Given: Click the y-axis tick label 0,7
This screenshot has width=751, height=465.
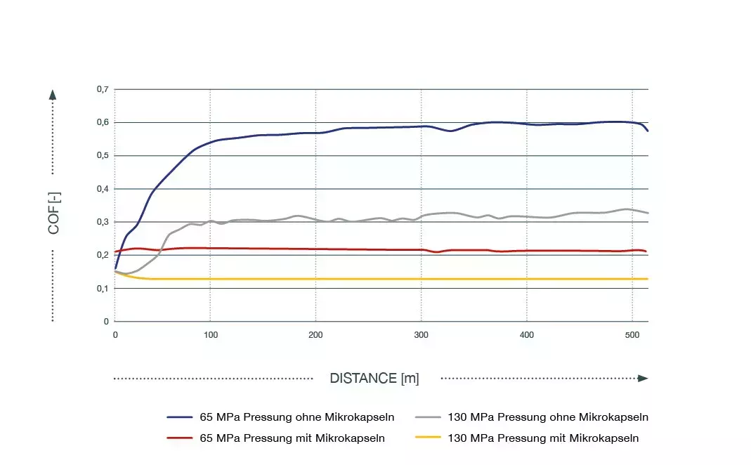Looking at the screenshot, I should (x=103, y=90).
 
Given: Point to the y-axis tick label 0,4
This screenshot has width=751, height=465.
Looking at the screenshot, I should (x=103, y=189).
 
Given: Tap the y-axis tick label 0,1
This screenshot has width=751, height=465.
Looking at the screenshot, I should (x=103, y=289).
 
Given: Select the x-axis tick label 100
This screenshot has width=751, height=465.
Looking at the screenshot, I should (x=210, y=336).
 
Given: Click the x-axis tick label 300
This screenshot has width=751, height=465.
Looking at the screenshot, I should (x=421, y=336).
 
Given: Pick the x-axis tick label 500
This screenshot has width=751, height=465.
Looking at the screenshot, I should (x=632, y=336).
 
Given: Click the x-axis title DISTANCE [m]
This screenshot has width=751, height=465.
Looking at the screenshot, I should (x=374, y=379).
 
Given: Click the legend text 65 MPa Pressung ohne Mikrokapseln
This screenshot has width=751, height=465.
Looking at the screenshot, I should (x=297, y=417).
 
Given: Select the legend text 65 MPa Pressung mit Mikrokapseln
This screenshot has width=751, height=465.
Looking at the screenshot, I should (x=292, y=438).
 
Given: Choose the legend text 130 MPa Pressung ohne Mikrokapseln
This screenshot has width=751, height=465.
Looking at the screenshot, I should (x=548, y=417).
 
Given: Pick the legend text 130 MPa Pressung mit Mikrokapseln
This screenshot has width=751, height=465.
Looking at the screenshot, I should (x=543, y=438).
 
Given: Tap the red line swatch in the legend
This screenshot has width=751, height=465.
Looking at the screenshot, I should (x=180, y=438).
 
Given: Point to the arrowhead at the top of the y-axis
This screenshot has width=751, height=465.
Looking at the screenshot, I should (x=53, y=94).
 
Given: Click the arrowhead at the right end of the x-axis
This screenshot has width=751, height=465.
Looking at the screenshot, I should (x=642, y=379).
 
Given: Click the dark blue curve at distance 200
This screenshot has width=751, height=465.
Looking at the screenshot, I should (x=315, y=133).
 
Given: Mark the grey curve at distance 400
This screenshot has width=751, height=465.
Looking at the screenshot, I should (x=527, y=216).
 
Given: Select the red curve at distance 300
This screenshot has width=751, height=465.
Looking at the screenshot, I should (x=421, y=249).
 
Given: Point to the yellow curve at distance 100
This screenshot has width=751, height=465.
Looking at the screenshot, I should (x=210, y=279).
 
